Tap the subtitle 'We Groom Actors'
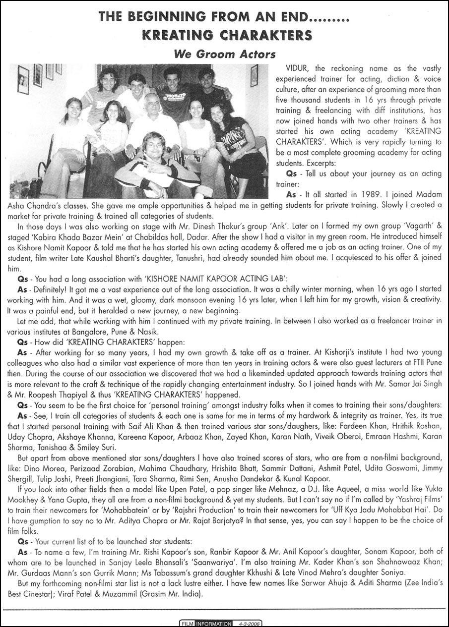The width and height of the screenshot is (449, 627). [224, 53]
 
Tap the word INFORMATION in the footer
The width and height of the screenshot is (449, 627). [213, 624]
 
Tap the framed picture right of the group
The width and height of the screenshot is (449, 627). [254, 75]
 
